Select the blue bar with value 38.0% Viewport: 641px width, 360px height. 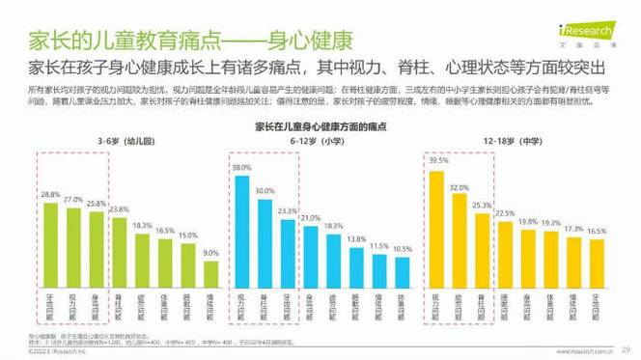(x=241, y=228)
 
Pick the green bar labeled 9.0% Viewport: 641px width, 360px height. (x=211, y=270)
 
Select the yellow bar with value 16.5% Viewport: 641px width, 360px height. (x=597, y=260)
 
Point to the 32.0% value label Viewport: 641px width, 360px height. (x=460, y=187)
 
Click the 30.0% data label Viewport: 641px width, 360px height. (x=265, y=191)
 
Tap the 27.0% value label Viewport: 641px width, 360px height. (x=73, y=199)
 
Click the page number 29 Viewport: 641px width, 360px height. (x=625, y=349)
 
